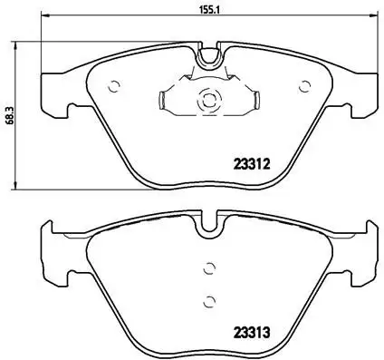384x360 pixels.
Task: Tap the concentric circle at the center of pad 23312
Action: click(208, 101)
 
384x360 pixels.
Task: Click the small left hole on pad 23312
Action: click(114, 88)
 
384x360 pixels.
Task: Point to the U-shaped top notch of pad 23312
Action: click(209, 56)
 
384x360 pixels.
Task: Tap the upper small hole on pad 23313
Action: click(208, 268)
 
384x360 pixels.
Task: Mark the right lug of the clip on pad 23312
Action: click(255, 102)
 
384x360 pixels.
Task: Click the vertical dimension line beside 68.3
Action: click(21, 113)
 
